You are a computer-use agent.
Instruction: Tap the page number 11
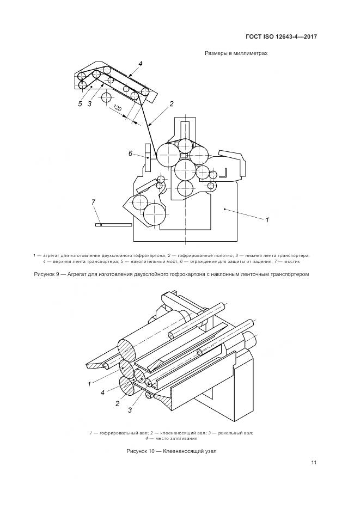coord(314,463)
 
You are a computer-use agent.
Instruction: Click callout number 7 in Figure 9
coord(93,202)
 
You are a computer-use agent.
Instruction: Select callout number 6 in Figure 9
coord(131,154)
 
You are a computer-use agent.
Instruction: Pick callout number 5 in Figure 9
coord(80,103)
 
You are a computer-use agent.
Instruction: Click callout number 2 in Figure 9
coord(171,103)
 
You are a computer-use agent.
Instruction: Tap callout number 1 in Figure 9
coord(267,220)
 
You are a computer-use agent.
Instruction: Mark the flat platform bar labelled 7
coord(113,224)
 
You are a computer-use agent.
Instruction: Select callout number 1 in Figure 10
coord(89,384)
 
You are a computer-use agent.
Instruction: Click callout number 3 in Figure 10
coord(130,409)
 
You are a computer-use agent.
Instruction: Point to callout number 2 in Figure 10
coord(117,403)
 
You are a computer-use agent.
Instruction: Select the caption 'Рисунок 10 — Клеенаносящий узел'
coord(172,451)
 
